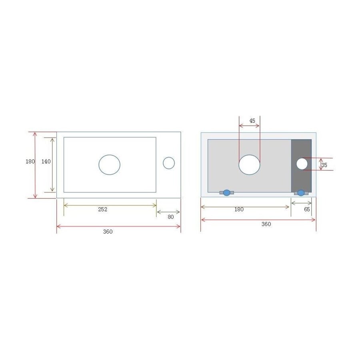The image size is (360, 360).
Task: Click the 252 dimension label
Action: point(103,209)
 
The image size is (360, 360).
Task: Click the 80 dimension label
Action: point(171,217)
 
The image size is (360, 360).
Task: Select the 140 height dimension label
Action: point(46,161)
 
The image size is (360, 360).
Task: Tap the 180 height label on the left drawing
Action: point(30,162)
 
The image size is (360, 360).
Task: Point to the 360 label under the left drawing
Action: point(108,232)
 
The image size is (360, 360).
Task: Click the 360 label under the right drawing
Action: point(266,224)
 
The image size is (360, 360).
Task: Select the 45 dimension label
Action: point(252,120)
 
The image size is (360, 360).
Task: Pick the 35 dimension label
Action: point(324,165)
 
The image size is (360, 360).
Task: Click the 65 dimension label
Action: point(307,209)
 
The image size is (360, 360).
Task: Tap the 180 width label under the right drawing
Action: point(239,209)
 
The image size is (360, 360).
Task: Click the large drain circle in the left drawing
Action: point(110,164)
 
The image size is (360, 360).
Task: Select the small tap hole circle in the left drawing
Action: point(169,163)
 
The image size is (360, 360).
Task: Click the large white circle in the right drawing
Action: point(250,164)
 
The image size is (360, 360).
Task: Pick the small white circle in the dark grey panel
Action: point(302,164)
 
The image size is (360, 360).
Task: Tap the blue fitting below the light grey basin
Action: point(227,193)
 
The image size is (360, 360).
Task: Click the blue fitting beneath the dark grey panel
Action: point(301,193)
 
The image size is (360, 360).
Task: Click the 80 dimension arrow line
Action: point(168,212)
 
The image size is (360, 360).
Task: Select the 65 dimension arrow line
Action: point(301,203)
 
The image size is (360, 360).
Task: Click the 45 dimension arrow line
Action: point(249,126)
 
